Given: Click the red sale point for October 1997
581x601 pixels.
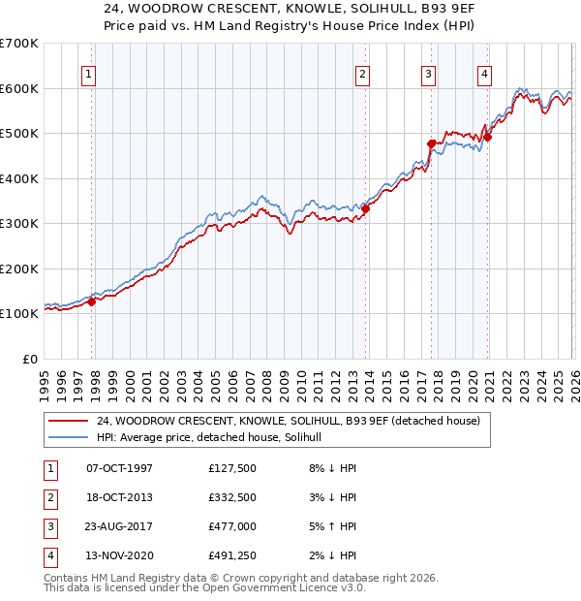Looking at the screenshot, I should coord(92,301).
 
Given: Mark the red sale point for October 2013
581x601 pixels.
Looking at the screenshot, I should coord(366,208).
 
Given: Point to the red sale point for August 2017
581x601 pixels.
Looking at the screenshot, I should coord(432,143).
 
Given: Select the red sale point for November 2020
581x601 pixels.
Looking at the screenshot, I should coord(487,137).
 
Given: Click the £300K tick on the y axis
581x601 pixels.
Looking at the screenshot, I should coord(19,224).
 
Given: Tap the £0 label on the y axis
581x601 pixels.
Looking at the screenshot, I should coord(30,359).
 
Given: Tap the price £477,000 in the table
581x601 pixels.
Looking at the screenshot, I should coord(232,528).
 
